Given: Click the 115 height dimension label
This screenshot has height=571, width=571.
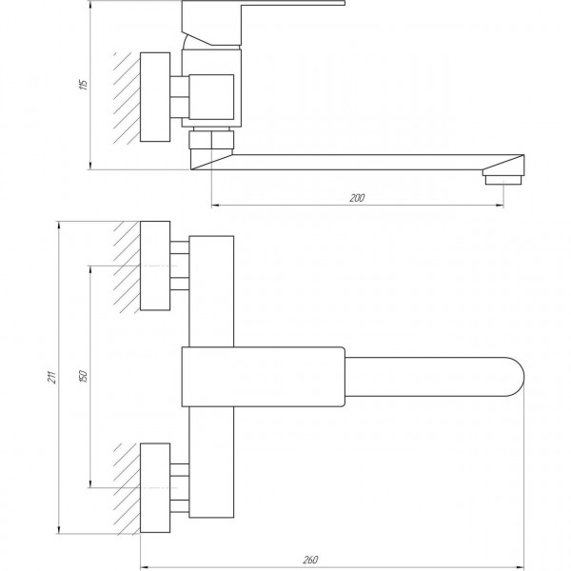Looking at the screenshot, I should [x=85, y=84].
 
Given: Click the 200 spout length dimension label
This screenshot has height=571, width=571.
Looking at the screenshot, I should [x=357, y=197].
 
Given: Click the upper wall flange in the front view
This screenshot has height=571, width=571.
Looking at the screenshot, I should [x=156, y=267].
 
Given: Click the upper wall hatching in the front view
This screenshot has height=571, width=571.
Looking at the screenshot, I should [x=128, y=267].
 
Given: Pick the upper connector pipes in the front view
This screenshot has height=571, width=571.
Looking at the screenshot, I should [x=180, y=267].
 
